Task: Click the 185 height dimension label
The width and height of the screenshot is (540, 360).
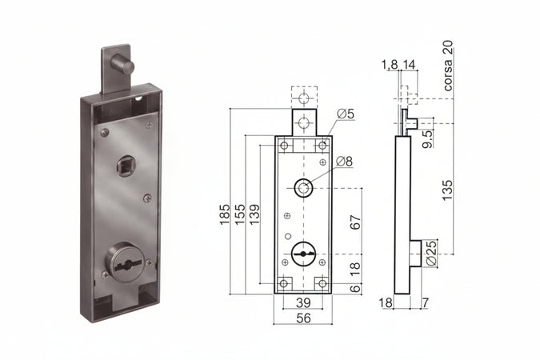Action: [x=225, y=214]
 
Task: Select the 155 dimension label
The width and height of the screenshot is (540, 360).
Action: [x=240, y=214]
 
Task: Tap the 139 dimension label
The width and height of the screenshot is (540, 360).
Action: [x=254, y=214]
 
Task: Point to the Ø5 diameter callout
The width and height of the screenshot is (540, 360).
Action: [x=346, y=114]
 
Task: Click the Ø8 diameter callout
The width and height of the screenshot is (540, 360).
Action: [x=344, y=162]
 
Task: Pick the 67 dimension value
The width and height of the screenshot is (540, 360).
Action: [x=355, y=222]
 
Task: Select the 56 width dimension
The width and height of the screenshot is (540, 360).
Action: [x=303, y=318]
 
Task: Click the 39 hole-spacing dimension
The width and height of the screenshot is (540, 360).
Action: [x=303, y=303]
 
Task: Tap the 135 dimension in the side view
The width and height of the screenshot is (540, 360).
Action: [x=447, y=190]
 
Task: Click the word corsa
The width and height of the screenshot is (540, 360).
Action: [x=448, y=75]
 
